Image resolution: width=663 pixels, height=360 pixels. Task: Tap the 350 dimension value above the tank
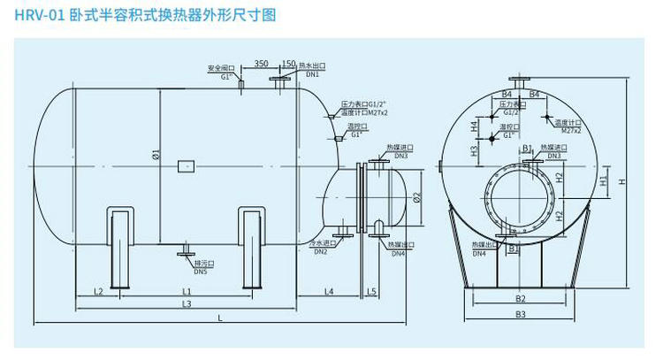[261, 64]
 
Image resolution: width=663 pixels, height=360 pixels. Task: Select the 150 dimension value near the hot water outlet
[288, 64]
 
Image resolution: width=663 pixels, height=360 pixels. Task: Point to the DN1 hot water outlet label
[312, 75]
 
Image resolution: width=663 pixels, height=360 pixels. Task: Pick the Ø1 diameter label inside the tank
[155, 159]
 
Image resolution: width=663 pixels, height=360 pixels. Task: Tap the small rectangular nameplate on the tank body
[186, 165]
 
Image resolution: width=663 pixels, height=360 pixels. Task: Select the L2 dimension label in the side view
[99, 291]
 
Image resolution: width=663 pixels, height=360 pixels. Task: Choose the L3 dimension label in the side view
[187, 304]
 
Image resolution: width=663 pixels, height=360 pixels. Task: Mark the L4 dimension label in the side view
[328, 291]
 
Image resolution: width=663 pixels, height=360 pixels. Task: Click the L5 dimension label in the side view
[372, 291]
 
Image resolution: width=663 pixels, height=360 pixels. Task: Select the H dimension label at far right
[622, 182]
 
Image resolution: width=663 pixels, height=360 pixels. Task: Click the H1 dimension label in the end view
[603, 182]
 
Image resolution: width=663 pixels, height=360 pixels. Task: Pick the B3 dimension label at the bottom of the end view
[521, 314]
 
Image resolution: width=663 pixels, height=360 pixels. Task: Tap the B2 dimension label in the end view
[521, 299]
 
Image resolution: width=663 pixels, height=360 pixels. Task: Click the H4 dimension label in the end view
[475, 128]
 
